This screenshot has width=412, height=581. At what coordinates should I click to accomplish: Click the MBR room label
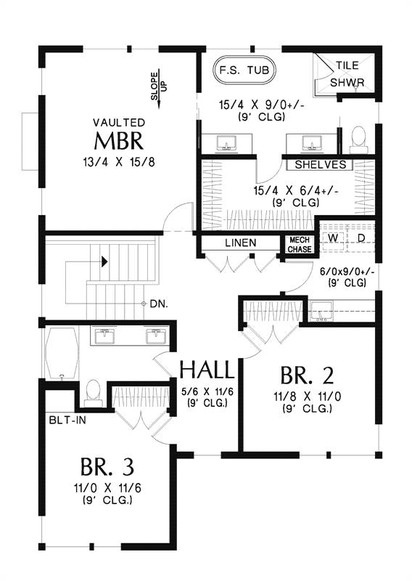click(x=119, y=141)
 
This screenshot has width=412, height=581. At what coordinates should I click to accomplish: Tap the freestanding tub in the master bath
click(x=244, y=70)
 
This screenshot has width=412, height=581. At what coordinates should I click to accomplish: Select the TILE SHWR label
click(x=347, y=74)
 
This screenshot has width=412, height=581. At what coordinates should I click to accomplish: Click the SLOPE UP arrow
click(x=159, y=88)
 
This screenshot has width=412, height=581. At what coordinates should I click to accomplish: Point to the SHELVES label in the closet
click(x=321, y=165)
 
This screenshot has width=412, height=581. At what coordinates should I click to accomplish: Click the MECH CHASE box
click(x=300, y=245)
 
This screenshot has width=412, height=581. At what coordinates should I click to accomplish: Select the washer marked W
click(x=333, y=238)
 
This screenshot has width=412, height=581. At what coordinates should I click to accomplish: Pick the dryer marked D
click(x=360, y=238)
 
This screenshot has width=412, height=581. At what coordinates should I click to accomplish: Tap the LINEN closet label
click(x=241, y=243)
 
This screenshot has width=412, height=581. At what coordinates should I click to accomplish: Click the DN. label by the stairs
click(x=159, y=304)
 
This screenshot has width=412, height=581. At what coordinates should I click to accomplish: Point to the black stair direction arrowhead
click(x=104, y=261)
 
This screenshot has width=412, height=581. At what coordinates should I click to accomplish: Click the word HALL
click(x=207, y=370)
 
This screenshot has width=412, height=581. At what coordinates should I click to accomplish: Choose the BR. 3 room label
click(x=107, y=466)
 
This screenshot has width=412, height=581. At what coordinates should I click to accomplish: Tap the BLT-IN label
click(x=67, y=420)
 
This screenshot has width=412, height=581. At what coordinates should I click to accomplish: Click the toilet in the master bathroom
click(x=358, y=139)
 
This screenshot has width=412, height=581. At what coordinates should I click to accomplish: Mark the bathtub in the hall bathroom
click(x=62, y=353)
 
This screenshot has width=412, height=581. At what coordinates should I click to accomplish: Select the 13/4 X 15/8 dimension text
click(x=119, y=162)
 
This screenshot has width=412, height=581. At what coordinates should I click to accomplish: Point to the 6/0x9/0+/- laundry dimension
click(x=347, y=272)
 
